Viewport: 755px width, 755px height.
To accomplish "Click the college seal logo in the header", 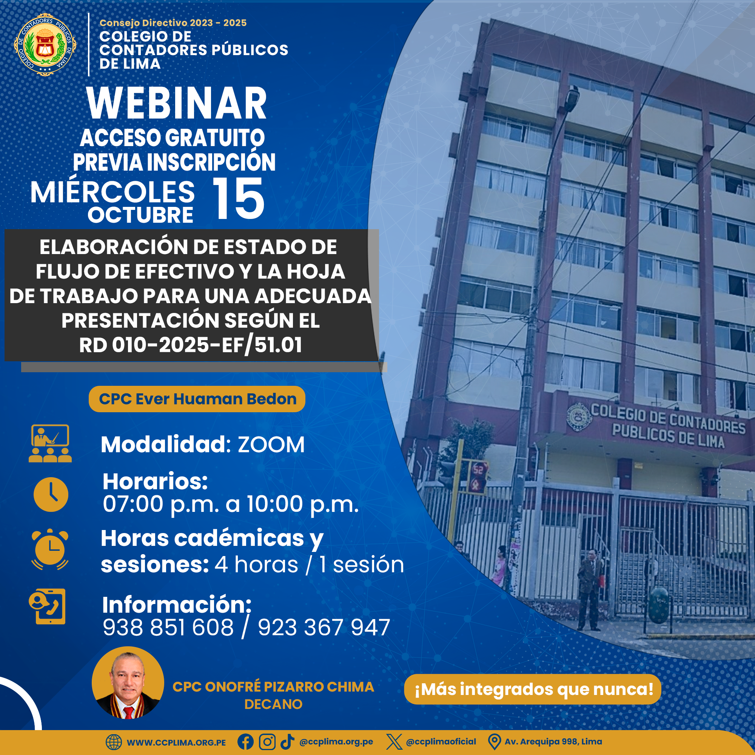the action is click(x=45, y=45).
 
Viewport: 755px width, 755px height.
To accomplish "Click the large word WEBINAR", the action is click(x=177, y=103).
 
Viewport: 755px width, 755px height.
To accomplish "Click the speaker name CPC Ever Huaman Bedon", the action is click(x=197, y=399).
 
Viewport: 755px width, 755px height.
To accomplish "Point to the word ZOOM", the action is click(x=271, y=445).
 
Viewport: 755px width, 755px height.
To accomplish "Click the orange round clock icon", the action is click(x=51, y=495).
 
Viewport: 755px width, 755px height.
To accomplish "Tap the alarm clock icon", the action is click(x=50, y=549).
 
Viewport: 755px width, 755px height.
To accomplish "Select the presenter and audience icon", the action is click(x=50, y=444).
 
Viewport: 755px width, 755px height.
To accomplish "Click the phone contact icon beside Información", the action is click(x=47, y=607).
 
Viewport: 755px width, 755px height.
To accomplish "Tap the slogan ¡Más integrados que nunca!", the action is click(x=533, y=689).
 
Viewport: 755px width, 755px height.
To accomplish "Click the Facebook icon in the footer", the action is click(x=245, y=742).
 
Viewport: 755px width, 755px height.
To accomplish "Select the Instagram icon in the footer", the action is click(x=267, y=742).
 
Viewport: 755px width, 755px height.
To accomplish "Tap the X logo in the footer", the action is click(x=394, y=742).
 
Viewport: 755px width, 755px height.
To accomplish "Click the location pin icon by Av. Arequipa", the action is click(x=495, y=742).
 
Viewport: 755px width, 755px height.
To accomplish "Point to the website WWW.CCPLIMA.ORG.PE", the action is click(x=176, y=743).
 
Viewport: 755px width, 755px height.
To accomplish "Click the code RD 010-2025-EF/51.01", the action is click(x=191, y=345).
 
